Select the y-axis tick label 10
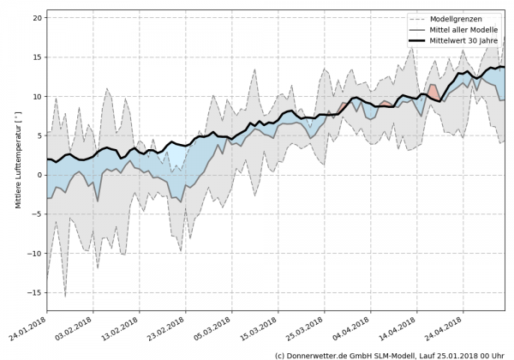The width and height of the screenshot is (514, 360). point(37,96)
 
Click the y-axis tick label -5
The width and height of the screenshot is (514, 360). point(37,214)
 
